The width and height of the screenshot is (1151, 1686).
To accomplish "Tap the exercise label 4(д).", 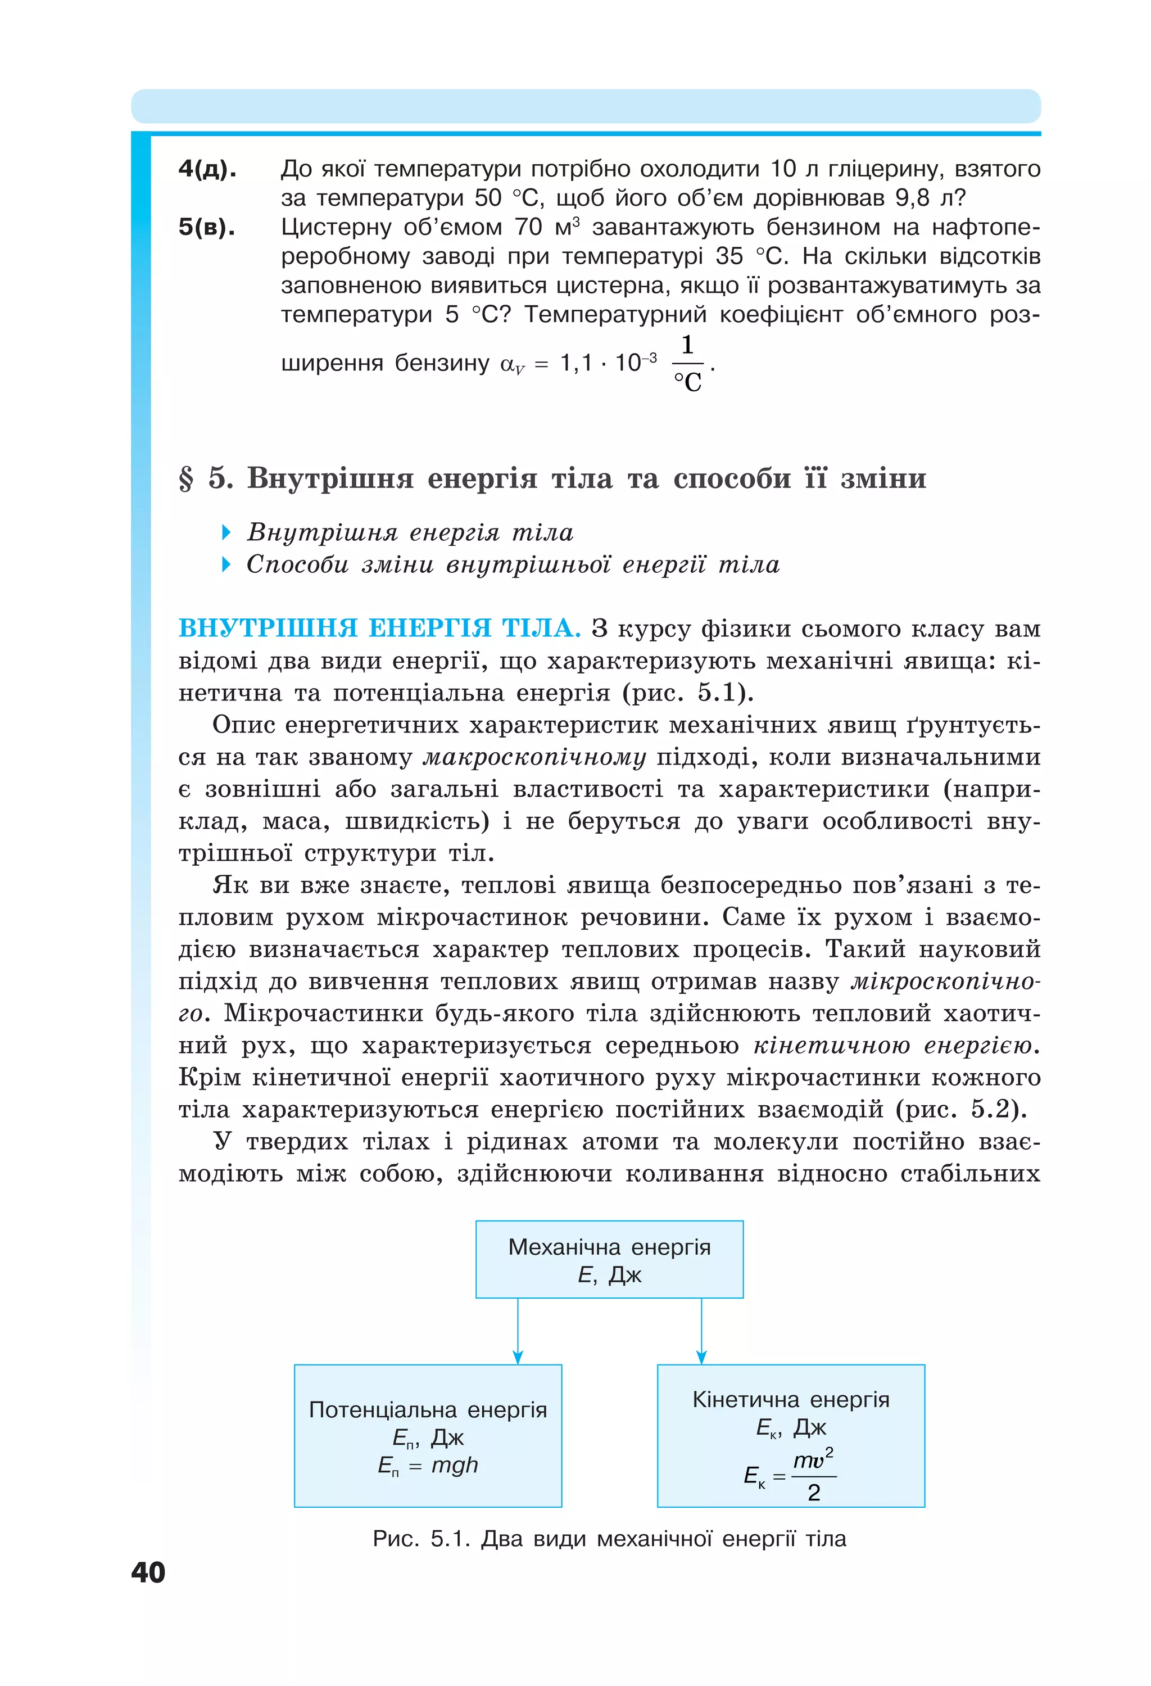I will (x=207, y=169).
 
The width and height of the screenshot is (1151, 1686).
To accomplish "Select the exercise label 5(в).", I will (x=207, y=227).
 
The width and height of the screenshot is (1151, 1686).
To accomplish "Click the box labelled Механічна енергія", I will (x=609, y=1259).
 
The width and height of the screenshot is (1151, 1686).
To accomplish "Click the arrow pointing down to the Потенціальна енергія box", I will (x=518, y=1331).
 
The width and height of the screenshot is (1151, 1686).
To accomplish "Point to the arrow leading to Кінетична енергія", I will (x=701, y=1331).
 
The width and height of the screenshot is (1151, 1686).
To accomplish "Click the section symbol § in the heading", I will (x=187, y=479).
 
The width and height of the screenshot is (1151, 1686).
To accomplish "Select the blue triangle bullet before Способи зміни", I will (x=226, y=564).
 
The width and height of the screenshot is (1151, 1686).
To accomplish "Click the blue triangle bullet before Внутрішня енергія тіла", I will (x=226, y=532).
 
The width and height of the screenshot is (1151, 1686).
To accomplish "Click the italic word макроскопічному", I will (x=534, y=757).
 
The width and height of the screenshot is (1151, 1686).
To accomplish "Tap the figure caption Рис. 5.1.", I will (x=609, y=1539).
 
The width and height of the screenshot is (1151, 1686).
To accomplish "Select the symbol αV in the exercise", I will (x=512, y=364).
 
